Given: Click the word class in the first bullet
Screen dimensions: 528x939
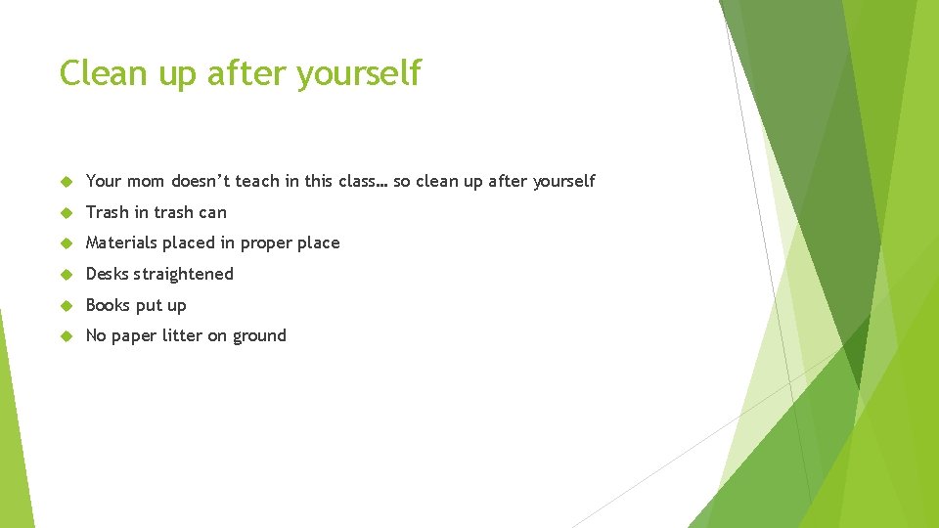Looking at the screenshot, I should [358, 181].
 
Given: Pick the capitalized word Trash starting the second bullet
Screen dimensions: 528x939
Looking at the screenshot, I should [108, 212].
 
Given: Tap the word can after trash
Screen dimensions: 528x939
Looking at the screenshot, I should [212, 212].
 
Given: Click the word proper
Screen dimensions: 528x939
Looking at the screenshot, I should [267, 243].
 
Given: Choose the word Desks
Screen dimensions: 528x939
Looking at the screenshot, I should [108, 274].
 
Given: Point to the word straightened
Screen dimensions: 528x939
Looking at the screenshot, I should [185, 274].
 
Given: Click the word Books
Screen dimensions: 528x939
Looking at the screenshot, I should [108, 305].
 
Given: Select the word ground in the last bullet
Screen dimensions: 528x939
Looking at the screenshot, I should [259, 336].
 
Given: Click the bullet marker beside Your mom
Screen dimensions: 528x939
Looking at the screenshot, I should [67, 182].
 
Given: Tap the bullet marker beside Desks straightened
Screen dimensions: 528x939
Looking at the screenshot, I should [67, 275].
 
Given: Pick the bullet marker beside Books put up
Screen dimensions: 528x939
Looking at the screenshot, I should [67, 306].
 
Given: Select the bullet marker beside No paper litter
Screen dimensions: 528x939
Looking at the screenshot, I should [67, 336].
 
